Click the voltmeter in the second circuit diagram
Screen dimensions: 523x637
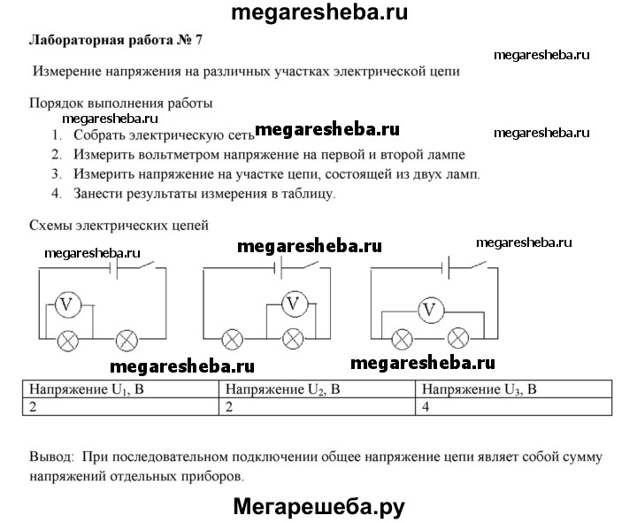pos(295,304)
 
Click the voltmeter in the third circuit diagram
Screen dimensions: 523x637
pos(430,310)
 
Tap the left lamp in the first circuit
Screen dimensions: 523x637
pos(68,339)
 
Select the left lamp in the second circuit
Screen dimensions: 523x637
pos(234,339)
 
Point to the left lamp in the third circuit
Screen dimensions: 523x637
pos(403,338)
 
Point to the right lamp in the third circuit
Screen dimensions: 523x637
pos(458,338)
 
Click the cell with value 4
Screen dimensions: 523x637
pos(427,406)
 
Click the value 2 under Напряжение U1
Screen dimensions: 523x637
pos(34,406)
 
